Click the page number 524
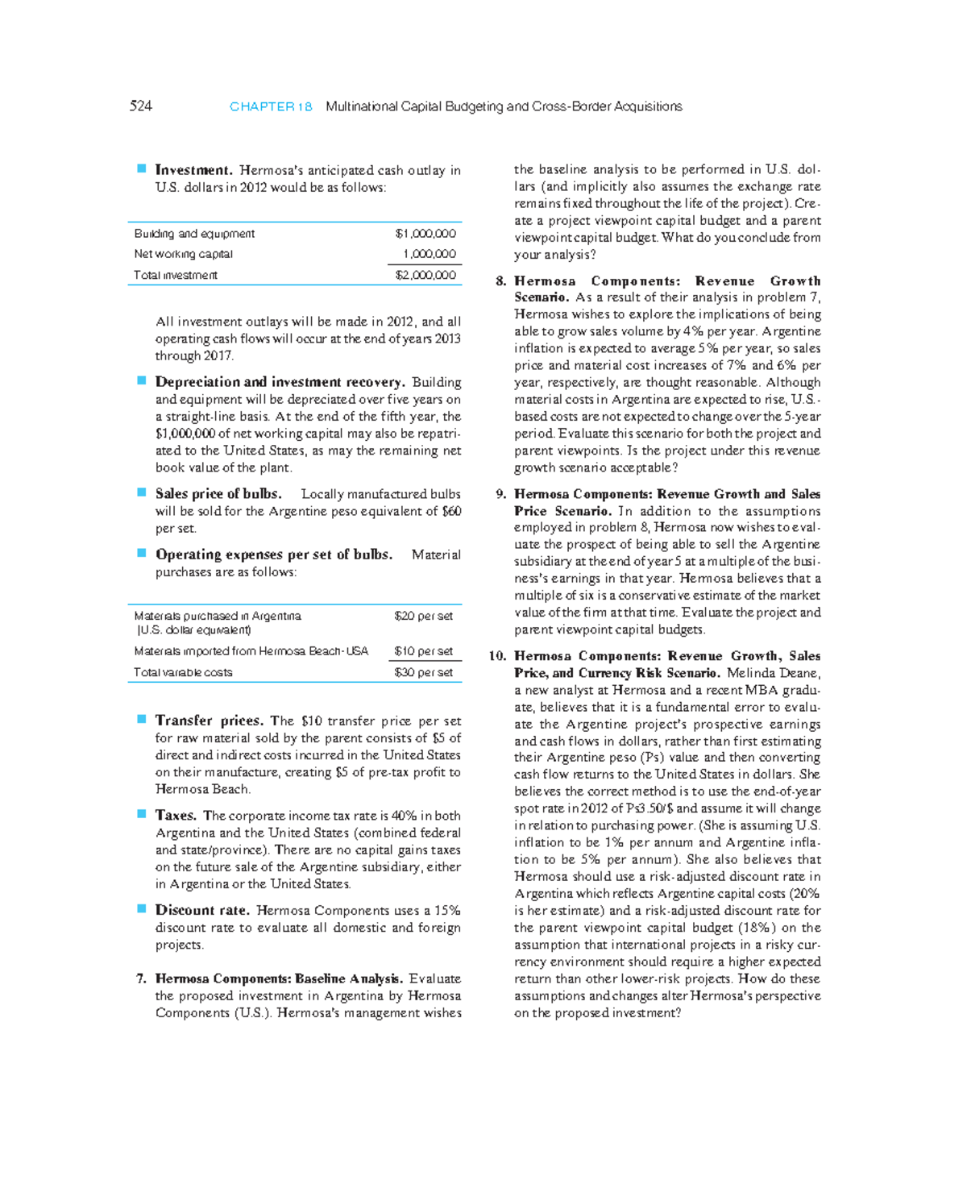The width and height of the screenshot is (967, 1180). click(140, 106)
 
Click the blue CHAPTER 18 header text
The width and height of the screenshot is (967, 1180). click(271, 106)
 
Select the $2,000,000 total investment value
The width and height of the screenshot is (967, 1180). click(425, 275)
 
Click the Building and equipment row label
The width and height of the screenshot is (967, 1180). click(194, 234)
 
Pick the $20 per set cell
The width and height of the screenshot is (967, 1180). click(423, 616)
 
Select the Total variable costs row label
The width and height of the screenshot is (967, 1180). click(183, 672)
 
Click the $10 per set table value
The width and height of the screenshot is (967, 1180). click(423, 651)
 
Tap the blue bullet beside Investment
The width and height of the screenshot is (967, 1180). click(141, 168)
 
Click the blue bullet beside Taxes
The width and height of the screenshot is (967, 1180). click(141, 814)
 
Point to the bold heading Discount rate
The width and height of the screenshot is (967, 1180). click(201, 910)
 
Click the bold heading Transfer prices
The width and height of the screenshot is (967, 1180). click(209, 721)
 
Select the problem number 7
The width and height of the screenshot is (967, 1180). click(141, 978)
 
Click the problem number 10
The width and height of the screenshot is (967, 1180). click(497, 656)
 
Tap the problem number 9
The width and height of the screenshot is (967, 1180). click(500, 494)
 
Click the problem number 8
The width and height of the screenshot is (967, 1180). click(500, 281)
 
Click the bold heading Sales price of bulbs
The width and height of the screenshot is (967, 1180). click(218, 493)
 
